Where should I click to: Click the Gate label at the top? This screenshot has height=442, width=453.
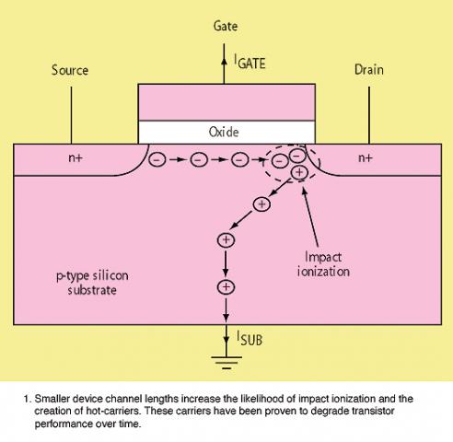tap(226, 26)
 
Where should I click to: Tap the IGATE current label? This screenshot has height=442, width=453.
tap(250, 62)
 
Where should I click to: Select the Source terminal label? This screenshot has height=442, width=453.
tap(70, 70)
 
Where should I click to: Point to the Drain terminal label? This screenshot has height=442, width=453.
tap(369, 70)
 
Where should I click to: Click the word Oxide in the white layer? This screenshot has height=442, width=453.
tap(224, 132)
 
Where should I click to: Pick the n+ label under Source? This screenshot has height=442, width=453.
tap(75, 157)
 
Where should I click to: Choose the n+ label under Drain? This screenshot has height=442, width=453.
tap(366, 157)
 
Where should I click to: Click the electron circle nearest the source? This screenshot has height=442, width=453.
tap(157, 159)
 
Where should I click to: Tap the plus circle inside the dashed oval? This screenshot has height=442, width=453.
tap(299, 172)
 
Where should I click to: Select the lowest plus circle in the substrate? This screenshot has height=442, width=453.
tap(226, 287)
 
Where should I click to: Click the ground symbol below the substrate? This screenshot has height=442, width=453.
tap(226, 363)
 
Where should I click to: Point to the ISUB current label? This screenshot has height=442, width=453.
tap(250, 339)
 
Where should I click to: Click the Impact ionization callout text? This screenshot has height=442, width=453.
tap(323, 264)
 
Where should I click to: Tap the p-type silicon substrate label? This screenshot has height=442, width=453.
tap(92, 283)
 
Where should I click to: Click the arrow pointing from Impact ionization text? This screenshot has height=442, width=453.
tap(310, 216)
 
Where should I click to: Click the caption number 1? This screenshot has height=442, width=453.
tap(27, 399)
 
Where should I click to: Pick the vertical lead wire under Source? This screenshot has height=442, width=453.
tap(71, 115)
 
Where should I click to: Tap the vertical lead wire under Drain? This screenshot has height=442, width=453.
tap(369, 115)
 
